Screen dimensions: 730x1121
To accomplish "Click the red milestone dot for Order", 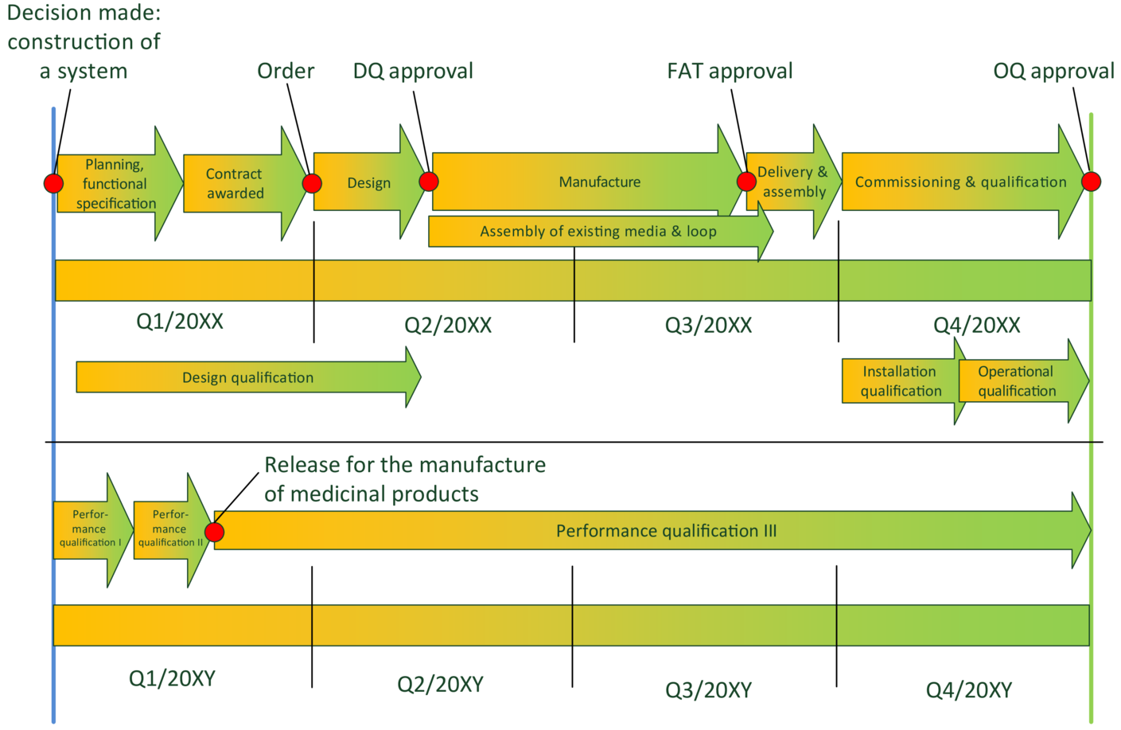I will pos(312,183).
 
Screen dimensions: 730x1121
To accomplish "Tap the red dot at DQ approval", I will pos(429,182).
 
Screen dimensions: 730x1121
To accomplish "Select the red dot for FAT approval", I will pos(746,182).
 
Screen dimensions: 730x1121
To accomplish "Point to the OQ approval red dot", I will pos(1091,182).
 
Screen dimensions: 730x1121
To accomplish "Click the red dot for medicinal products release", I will pos(215,532).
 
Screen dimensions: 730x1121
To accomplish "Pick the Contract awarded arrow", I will pos(235,184).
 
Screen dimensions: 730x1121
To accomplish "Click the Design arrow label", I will pos(368,183).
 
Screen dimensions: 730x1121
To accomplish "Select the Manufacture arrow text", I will pos(599,182).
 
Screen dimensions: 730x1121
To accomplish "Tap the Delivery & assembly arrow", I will pos(792,182).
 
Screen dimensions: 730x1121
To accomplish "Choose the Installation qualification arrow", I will pos(901,381).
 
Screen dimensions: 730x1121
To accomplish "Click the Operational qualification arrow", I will pos(1017,381).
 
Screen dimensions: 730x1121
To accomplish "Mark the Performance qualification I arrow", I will pos(90,529).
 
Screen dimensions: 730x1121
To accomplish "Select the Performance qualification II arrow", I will pos(170,529).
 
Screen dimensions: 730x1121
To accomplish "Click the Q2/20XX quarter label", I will pos(448,326).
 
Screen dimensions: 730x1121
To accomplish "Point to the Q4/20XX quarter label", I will pos(976,326).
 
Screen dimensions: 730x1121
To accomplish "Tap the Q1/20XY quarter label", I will pos(172,679).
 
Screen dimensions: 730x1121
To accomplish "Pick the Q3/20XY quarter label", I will pos(708,690).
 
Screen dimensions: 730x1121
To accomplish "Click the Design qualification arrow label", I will pos(247,378).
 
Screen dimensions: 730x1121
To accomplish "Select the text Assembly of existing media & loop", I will pos(597,232).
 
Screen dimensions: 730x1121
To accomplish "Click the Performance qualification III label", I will pos(666,531).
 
